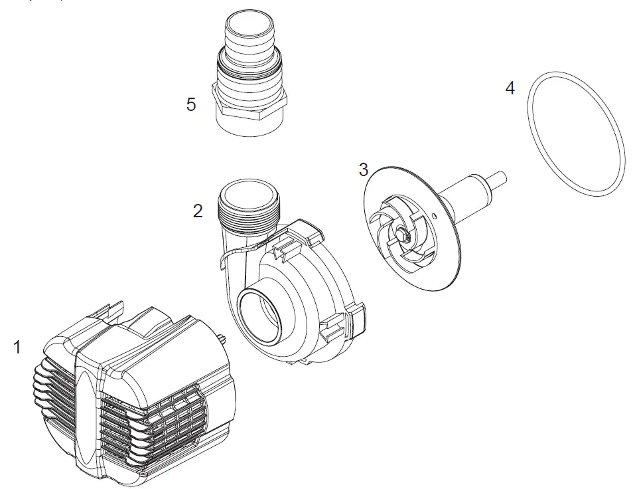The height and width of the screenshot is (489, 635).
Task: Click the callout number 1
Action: point(17,347)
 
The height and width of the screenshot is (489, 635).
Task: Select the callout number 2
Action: point(198,211)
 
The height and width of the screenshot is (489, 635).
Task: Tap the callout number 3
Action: point(363,169)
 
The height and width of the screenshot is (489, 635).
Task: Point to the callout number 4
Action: point(510,88)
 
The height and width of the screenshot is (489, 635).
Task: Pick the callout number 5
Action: point(191,104)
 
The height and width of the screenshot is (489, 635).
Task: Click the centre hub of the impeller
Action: point(403,232)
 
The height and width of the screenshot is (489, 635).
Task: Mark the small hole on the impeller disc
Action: point(433,215)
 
